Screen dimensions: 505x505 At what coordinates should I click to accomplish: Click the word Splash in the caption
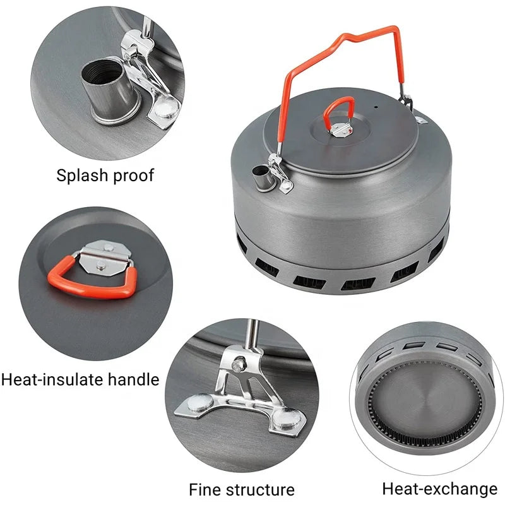pyautogui.click(x=81, y=175)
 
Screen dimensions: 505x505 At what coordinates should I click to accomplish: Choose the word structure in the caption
pyautogui.click(x=260, y=489)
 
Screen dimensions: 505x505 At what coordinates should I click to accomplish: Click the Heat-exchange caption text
pyautogui.click(x=439, y=488)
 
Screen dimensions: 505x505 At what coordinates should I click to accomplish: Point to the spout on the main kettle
pyautogui.click(x=260, y=178)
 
